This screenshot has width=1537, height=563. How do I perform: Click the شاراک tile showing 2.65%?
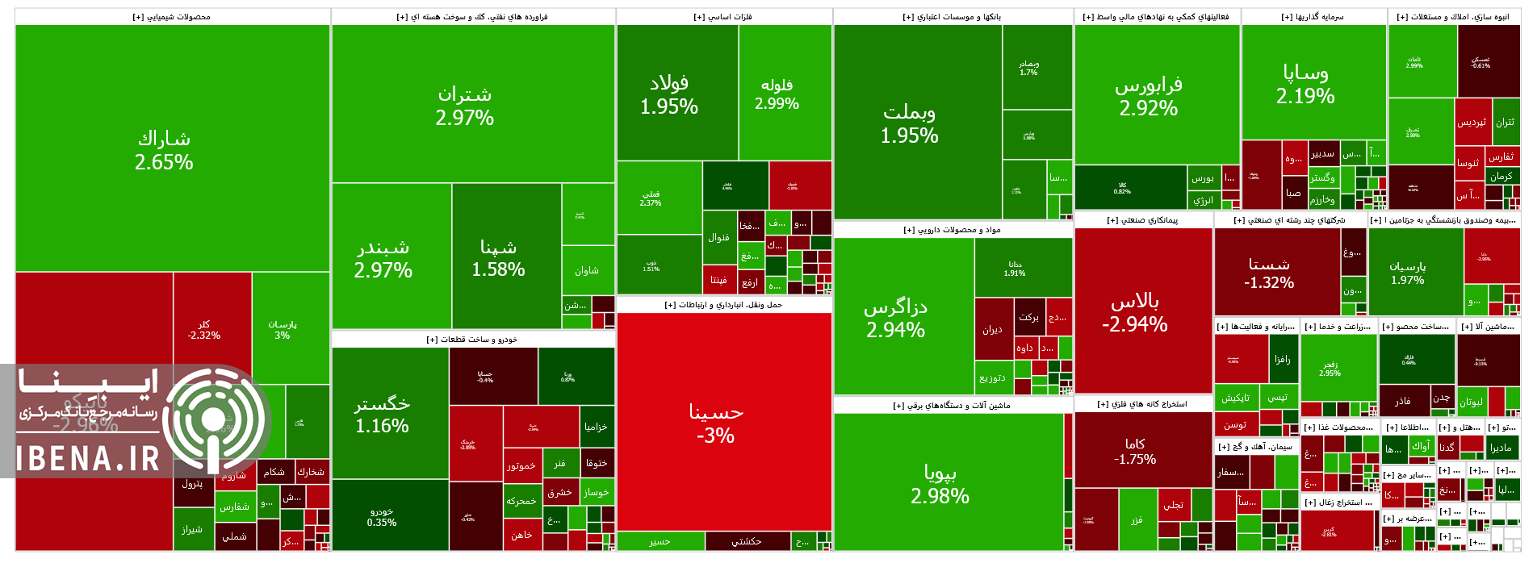pos(164,150)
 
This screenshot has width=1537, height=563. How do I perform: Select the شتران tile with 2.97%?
pos(464,105)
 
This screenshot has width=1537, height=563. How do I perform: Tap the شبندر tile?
pos(383,258)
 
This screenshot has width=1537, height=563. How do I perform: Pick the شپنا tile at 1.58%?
pos(498,258)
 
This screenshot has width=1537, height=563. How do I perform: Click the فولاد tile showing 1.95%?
pos(669,94)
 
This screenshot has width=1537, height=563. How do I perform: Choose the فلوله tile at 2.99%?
pos(777,94)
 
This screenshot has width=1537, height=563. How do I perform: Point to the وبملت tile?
pos(909,123)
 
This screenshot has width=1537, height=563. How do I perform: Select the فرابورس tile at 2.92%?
pos(1148,96)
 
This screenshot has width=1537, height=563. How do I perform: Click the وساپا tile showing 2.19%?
pos(1305,84)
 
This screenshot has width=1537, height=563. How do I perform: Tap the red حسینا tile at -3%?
pos(715,423)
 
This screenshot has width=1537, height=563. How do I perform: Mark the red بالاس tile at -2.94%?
pos(1135,312)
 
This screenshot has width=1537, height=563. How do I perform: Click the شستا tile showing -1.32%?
pos(1269,273)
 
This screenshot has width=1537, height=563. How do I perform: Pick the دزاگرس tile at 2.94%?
pos(896,318)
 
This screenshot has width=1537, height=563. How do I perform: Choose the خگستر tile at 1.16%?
pos(383,414)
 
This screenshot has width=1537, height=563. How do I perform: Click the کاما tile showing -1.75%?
pos(1135,451)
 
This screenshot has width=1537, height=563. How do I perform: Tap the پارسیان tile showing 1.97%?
pos(1408,273)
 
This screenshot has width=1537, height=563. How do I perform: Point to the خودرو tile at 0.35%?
pos(382,517)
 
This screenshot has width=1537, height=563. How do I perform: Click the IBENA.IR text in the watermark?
pos(89,459)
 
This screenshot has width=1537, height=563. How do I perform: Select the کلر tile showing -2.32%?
pos(204,329)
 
